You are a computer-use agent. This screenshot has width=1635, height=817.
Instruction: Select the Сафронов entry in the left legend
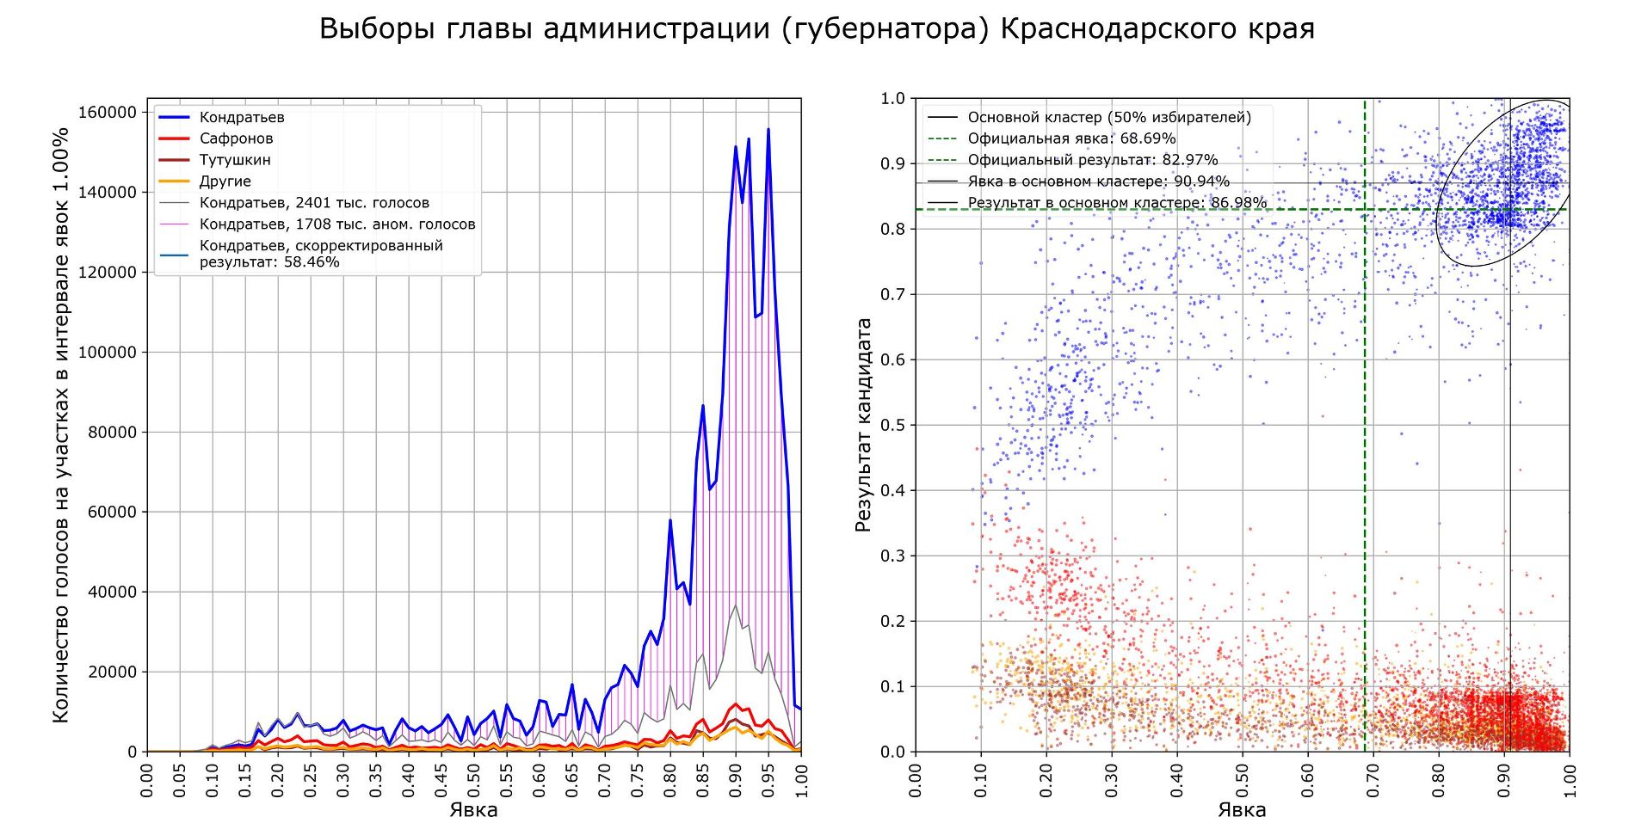coord(236,138)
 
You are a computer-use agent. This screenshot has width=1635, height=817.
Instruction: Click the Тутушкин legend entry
coord(235,160)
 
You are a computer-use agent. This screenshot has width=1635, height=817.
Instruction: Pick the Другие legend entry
coord(225,181)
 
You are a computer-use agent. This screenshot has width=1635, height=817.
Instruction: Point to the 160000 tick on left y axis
coord(108,113)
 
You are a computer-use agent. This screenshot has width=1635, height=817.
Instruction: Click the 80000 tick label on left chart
coord(112,433)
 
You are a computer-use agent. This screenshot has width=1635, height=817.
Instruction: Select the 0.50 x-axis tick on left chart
coord(474,781)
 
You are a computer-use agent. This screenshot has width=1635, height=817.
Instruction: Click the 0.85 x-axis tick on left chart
coord(703,781)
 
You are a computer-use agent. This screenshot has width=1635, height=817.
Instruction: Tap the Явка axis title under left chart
coord(473,808)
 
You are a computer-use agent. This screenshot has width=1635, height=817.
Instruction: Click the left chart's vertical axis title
coord(60,426)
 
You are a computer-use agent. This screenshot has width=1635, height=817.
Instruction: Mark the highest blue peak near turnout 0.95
coord(768,130)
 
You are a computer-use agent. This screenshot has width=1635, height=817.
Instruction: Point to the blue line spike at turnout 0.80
coord(670,520)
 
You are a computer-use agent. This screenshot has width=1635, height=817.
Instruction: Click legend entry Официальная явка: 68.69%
coord(1070,138)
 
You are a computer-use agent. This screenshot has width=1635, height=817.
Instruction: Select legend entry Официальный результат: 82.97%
coord(1092,160)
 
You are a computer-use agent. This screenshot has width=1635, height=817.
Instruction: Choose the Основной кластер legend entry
coord(1108,117)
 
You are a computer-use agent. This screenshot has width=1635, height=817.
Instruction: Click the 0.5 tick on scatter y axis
coord(892,426)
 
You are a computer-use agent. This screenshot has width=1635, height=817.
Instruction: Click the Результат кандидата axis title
coord(864,426)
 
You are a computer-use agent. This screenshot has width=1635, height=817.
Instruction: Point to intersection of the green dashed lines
coord(1365,209)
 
